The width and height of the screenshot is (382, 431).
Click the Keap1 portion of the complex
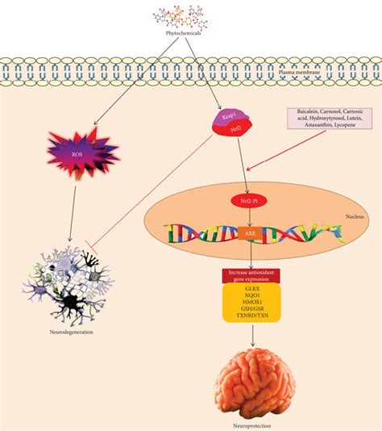point(228,117)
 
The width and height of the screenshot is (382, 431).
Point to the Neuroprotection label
point(252,422)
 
